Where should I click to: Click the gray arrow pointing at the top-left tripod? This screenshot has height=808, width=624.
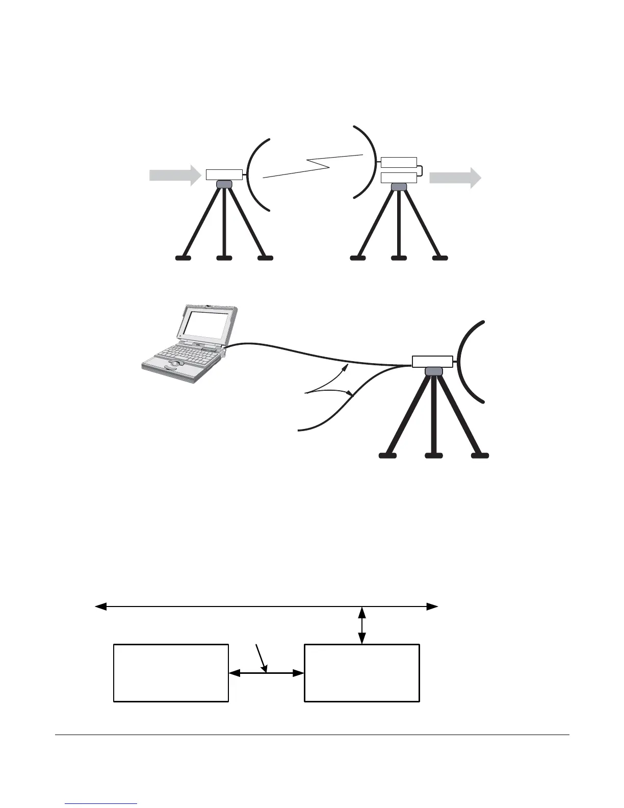174,175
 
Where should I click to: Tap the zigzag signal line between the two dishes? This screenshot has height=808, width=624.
314,165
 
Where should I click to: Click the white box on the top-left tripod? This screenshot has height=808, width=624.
224,174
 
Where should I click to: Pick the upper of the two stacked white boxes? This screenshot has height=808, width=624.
399,163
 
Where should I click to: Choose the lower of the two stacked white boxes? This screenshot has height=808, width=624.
399,178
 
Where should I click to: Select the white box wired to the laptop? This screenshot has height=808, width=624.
432,361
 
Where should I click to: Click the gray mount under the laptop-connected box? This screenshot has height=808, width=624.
434,372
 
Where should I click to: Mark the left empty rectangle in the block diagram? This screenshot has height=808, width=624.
171,673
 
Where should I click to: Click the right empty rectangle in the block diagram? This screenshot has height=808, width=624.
362,673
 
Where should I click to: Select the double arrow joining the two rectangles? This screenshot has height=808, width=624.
267,673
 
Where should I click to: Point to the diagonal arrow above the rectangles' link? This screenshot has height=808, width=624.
262,658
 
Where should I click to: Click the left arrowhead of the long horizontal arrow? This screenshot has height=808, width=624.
101,607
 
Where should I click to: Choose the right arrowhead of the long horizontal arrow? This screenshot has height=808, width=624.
432,607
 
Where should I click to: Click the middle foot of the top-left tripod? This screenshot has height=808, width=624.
224,258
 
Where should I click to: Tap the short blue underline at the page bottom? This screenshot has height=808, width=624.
101,804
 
